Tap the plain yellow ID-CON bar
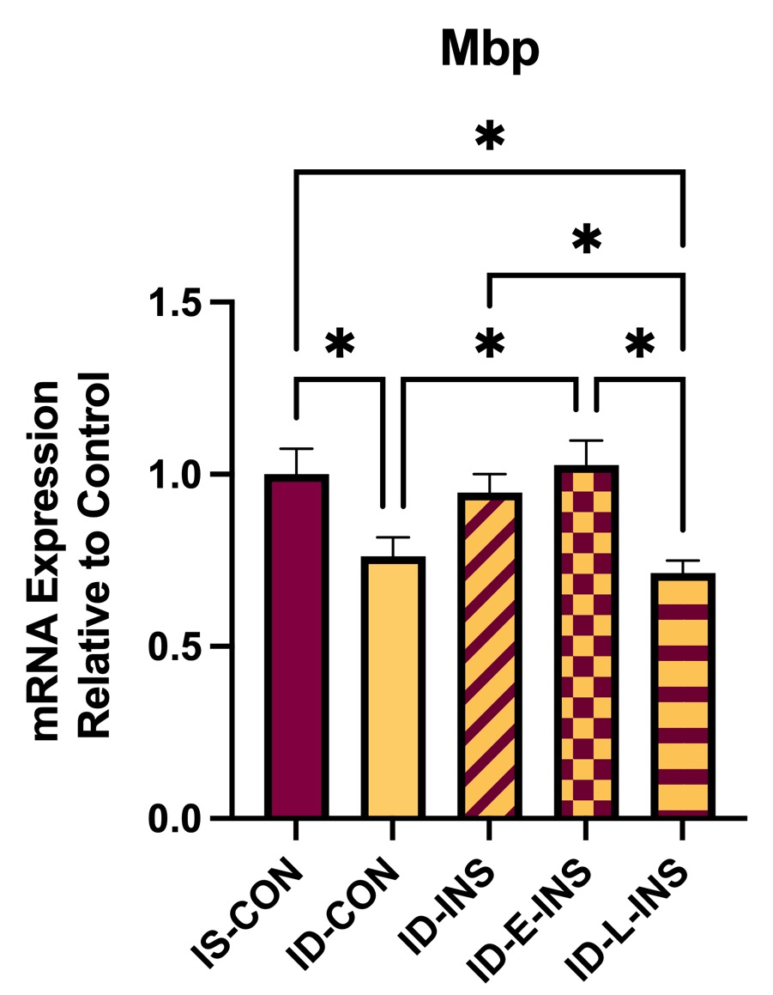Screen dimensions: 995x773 (x=392, y=687)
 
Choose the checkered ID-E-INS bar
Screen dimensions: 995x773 (x=586, y=640)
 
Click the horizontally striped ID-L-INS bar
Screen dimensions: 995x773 (x=683, y=695)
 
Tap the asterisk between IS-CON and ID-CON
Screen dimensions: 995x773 (x=339, y=344)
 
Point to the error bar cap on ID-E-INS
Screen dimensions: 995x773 (x=586, y=440)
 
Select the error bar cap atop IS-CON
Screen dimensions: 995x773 (x=296, y=449)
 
